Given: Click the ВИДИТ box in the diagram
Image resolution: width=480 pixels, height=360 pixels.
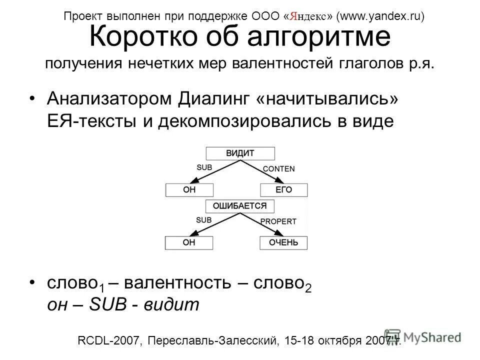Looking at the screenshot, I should coord(240,153).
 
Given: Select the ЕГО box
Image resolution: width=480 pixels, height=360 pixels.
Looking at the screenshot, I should coord(283,190).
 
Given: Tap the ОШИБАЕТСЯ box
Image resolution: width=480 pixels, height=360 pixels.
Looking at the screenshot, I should coord(240,205).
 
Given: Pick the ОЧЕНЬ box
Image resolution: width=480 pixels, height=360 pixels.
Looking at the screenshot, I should coord(283,243).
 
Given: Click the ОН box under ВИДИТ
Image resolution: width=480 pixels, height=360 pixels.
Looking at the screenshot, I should coord(189,190).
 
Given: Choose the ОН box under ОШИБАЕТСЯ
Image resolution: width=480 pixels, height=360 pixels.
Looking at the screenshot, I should coord(189,243).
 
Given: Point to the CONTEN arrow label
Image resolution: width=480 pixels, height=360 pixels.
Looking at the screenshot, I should coord(278,169).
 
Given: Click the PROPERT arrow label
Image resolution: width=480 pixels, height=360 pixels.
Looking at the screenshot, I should coord(278,221).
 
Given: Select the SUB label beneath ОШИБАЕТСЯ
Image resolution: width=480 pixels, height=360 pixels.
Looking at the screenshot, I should coord(204,219).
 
